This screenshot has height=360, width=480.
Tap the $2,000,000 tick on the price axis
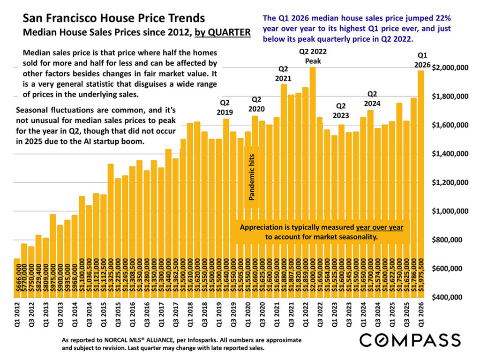point(450,68)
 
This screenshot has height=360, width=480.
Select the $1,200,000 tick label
point(450,182)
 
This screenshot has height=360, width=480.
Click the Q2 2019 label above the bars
point(225,107)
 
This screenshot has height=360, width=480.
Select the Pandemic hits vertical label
point(251,183)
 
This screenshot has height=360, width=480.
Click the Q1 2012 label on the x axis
point(17,315)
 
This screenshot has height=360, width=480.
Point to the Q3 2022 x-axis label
point(320,315)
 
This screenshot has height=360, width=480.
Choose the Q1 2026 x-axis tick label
point(420,315)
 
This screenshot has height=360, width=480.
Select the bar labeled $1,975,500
point(420,187)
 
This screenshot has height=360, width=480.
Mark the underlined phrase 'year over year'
point(379,227)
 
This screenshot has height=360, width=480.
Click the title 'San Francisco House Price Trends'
point(114,18)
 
